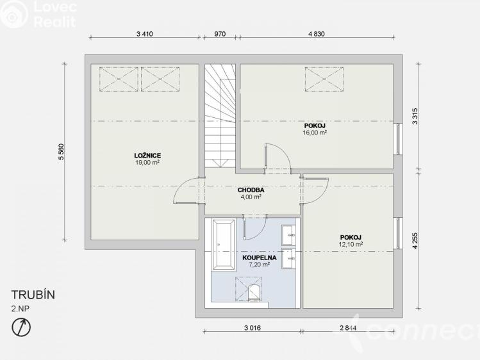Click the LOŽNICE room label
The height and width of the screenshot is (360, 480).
147,156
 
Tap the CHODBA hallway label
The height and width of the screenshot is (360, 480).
251,190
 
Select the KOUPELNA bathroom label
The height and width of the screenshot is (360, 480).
260,258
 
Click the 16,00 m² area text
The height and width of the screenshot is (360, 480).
315,133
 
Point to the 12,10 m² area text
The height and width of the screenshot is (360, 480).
351,245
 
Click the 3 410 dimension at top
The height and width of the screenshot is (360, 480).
144,34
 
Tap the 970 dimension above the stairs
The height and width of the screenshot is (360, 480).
219,34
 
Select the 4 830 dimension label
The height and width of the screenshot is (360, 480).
316,34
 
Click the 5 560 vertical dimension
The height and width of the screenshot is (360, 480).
62,151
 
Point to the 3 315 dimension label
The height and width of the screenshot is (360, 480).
415,116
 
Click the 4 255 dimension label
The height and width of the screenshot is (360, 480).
415,241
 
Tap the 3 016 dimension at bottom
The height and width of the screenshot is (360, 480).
252,328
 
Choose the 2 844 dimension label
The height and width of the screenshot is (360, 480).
348,328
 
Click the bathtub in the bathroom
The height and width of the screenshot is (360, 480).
226,245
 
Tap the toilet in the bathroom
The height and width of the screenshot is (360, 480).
254,293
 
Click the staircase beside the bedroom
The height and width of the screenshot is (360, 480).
220,115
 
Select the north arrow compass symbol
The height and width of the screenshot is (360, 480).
21,327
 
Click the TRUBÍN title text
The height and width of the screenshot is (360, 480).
33,295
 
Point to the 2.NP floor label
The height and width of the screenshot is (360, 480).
21,309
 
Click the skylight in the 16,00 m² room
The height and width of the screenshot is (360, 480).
324,79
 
